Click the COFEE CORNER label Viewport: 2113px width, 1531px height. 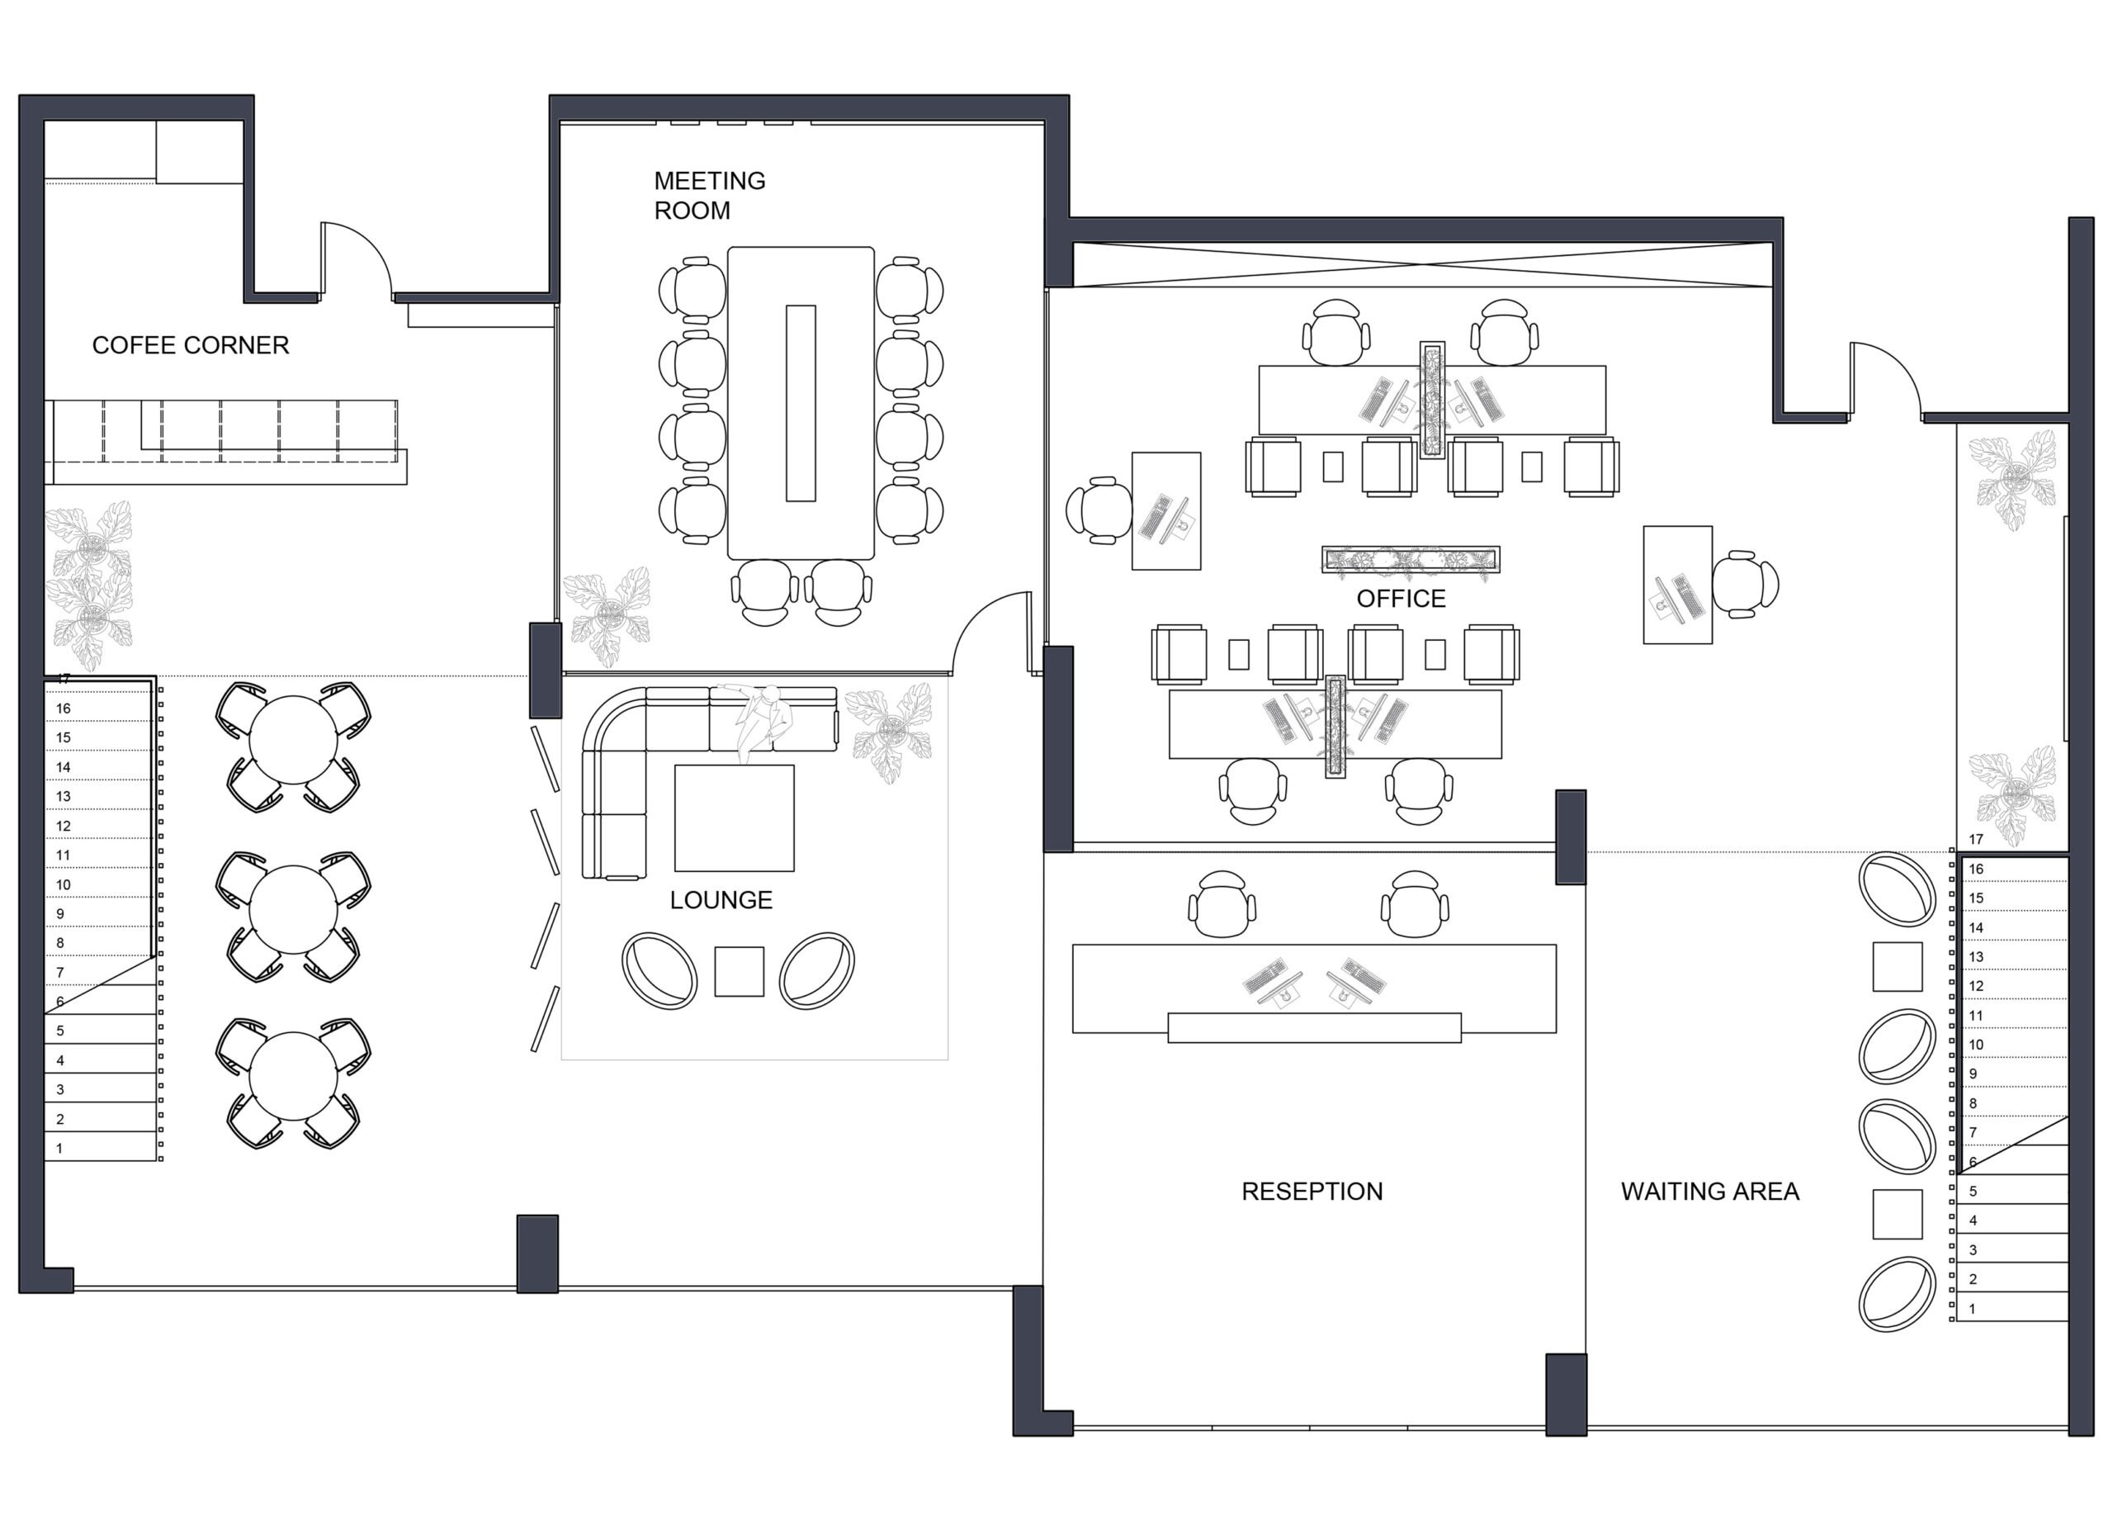tap(190, 346)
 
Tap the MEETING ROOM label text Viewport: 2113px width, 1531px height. tap(710, 196)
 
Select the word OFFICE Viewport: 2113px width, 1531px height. tap(1401, 600)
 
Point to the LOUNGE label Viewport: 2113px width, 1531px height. tap(721, 900)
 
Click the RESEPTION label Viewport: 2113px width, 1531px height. tap(1312, 1191)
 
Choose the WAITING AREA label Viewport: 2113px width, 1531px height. tap(1709, 1191)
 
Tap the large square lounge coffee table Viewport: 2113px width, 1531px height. tap(734, 818)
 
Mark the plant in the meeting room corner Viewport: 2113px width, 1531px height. tap(608, 615)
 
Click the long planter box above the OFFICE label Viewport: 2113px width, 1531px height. tap(1411, 559)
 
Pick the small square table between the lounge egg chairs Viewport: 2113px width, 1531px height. tap(739, 972)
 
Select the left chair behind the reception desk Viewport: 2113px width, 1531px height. tap(1222, 905)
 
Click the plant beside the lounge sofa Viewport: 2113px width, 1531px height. tap(888, 733)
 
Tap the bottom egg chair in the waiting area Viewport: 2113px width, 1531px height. tap(1897, 1293)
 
